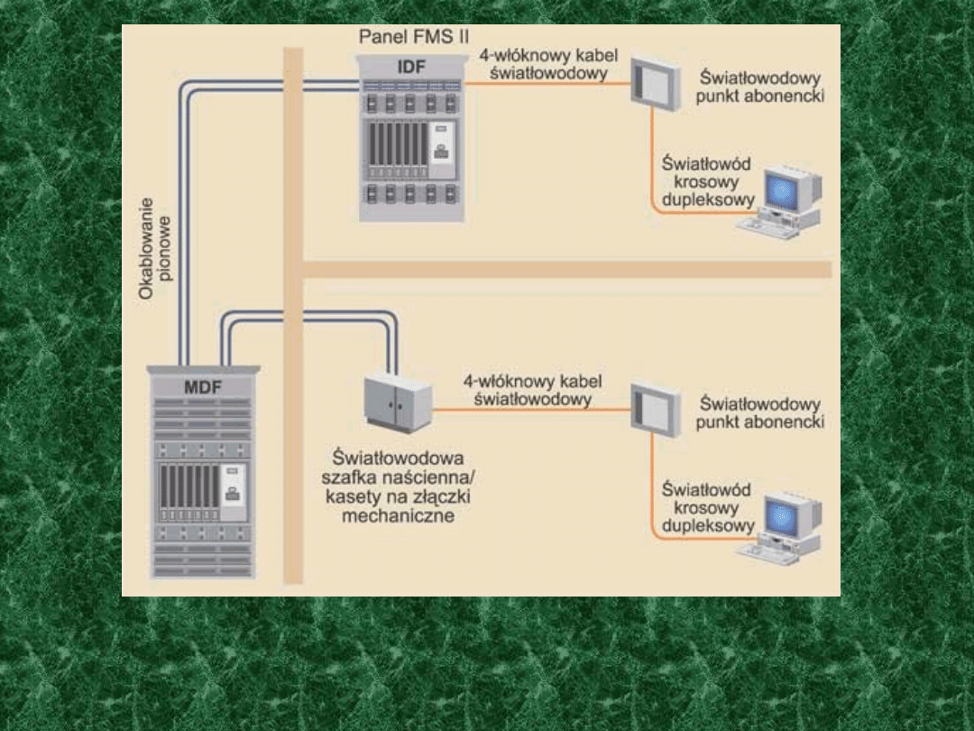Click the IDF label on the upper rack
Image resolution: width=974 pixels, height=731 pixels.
point(411,68)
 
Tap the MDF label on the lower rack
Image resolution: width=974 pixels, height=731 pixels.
point(203,388)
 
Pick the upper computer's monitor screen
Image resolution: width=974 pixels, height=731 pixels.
point(783,191)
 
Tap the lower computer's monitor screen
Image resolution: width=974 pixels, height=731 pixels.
point(783,516)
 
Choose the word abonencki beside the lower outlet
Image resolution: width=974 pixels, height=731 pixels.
point(760,421)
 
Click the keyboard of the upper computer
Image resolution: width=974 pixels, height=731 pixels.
point(767,229)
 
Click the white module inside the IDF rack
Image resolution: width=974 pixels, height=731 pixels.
point(441,144)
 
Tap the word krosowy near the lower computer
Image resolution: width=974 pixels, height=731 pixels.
point(707,508)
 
